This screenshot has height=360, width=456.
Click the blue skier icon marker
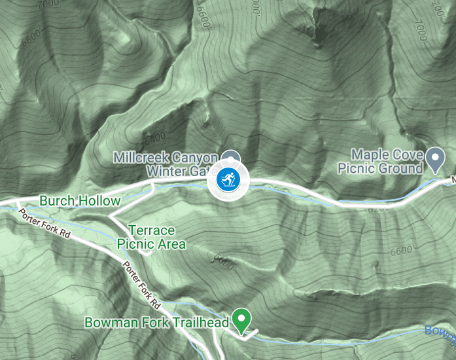(x=227, y=179)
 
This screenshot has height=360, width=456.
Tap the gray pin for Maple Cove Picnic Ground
(x=435, y=158)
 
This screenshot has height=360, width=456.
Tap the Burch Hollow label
(x=80, y=201)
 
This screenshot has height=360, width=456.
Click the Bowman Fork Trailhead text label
(x=157, y=323)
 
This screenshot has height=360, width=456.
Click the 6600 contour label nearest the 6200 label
(x=401, y=251)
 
